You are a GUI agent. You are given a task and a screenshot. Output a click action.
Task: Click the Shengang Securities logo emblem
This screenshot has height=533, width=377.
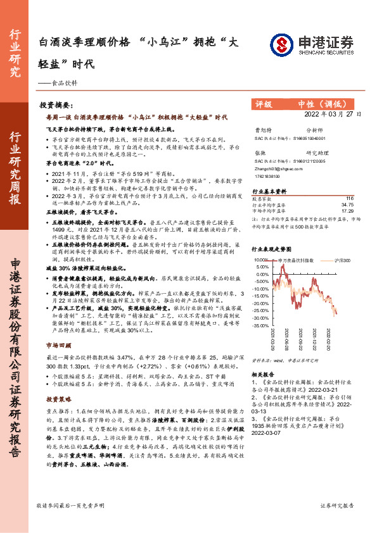pos(281,44)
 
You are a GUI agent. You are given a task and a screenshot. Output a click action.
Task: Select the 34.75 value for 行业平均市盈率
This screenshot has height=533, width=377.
pos(347,204)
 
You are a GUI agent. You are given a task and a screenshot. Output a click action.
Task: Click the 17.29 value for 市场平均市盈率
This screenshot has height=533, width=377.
pos(347,210)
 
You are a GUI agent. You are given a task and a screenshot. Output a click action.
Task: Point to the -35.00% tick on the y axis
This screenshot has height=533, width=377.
pos(261,326)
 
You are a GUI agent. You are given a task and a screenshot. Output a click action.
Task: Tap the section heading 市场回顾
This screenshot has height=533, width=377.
pos(58,346)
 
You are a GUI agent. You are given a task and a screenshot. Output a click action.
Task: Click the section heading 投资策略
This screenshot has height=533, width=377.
pos(58,399)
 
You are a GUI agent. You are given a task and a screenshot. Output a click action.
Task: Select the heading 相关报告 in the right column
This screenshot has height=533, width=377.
pos(263,375)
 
